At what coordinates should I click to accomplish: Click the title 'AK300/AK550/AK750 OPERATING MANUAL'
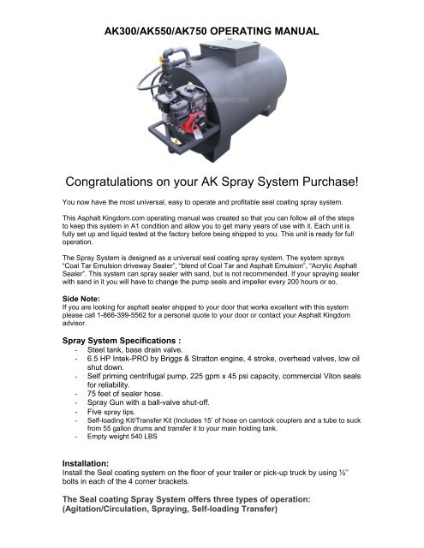(211, 31)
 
